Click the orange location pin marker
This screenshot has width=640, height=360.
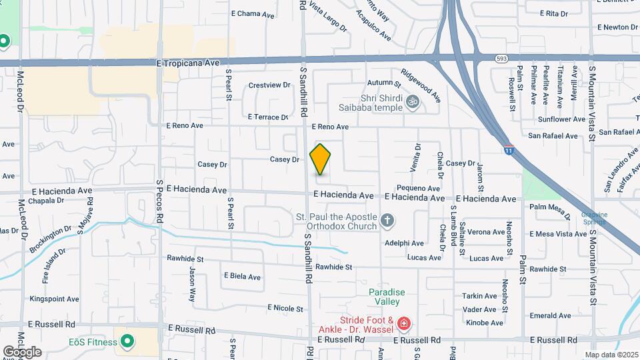320,159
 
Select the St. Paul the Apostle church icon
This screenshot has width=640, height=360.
387,219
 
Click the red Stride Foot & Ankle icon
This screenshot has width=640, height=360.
403,325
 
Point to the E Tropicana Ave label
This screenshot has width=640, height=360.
188,63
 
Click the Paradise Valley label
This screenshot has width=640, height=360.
387,297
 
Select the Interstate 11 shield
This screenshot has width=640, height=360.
509,150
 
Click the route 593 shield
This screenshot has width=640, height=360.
502,59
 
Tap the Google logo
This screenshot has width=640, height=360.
22,351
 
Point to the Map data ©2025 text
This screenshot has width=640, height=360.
611,355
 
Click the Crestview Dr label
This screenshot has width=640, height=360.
269,85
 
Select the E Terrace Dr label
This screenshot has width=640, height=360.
267,117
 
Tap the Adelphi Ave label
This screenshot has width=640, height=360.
404,243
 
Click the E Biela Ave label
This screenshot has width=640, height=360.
242,275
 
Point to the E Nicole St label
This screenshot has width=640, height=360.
285,308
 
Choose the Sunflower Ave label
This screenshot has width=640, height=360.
561,119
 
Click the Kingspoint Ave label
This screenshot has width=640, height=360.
50,299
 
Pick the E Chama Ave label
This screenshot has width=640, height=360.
253,13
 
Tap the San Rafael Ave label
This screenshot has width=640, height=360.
553,135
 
